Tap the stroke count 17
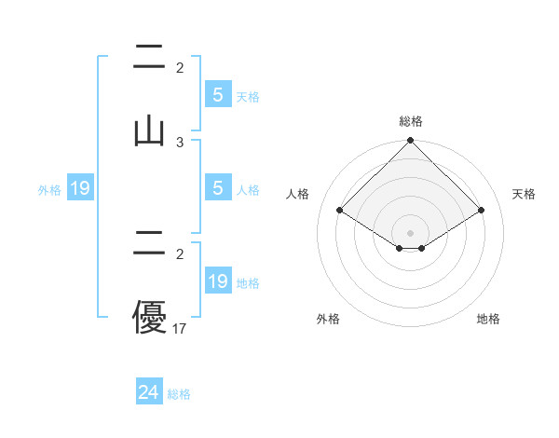(180, 328)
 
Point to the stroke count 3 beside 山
(180, 142)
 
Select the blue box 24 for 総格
(149, 393)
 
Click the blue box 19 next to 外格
(80, 189)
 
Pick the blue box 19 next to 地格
(218, 281)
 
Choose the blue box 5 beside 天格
(218, 95)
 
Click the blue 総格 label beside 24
(179, 394)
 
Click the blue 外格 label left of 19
(49, 190)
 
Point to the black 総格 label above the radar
(410, 121)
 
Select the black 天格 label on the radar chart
(524, 194)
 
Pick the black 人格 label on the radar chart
(298, 194)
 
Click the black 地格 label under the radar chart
(488, 319)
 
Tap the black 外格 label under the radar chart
(328, 319)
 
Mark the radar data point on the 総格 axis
(410, 142)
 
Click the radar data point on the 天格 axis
(482, 210)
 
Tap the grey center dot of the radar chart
(410, 232)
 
